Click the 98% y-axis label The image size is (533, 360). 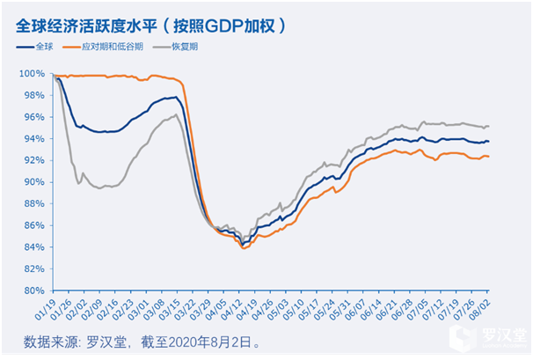click(32, 95)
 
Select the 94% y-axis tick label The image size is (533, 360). click(32, 138)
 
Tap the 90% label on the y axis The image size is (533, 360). click(32, 182)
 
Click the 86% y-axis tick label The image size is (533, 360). click(32, 225)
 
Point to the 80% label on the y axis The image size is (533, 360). click(32, 290)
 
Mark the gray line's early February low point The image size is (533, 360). click(79, 184)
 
